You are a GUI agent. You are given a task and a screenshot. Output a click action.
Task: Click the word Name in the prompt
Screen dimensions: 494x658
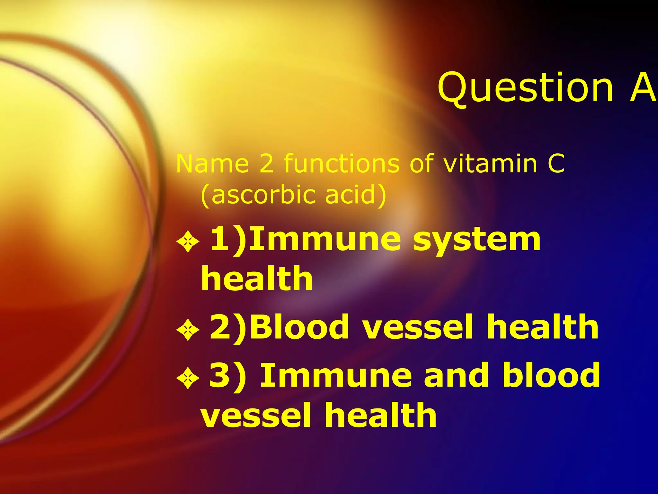[x=212, y=164]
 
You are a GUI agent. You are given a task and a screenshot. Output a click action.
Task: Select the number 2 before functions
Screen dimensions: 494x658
[x=266, y=164]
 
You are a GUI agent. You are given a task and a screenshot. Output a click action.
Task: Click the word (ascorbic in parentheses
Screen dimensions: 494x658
[x=259, y=195]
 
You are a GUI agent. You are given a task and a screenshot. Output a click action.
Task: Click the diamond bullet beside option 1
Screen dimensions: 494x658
[x=188, y=242]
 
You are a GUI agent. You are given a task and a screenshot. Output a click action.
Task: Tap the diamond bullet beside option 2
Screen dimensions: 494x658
[x=188, y=330]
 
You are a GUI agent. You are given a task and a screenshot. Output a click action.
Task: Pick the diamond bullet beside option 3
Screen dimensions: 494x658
[x=188, y=378]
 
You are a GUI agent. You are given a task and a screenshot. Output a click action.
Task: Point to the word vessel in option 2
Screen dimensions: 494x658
[x=418, y=327]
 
